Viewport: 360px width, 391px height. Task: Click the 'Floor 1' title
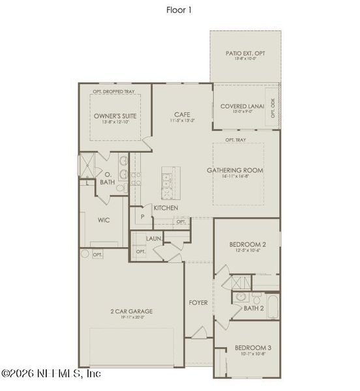[179, 10]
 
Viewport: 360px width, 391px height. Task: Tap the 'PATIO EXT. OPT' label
[245, 53]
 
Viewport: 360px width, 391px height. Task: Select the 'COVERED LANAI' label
[241, 106]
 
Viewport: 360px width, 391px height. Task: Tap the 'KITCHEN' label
[166, 208]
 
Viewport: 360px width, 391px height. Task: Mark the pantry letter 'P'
[141, 216]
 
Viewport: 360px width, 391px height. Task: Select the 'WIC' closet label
[103, 220]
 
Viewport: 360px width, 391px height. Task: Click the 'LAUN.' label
[154, 239]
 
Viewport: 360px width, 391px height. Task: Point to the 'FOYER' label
[198, 303]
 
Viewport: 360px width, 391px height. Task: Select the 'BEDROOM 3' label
[253, 348]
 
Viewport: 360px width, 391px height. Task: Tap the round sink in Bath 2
[240, 297]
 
